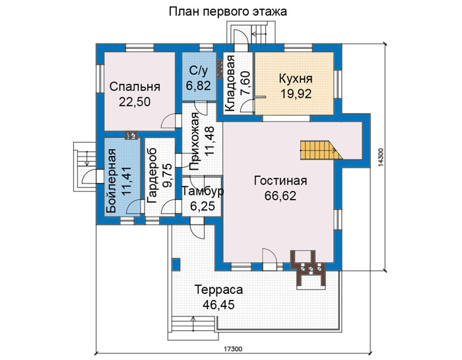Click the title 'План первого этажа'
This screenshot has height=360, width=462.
pos(228,12)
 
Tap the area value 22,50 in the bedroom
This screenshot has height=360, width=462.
pos(135,102)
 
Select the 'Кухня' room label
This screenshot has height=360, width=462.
pos(296,79)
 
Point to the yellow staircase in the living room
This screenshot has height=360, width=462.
pos(321,150)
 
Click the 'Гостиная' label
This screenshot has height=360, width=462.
pos(280,181)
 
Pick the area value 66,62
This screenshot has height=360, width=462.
pos(280,196)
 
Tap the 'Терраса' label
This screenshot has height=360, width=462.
pos(218,289)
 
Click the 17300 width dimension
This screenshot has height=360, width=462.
pos(233,349)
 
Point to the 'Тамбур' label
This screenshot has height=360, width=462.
pos(203,191)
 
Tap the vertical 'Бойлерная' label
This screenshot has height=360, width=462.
pos(112,181)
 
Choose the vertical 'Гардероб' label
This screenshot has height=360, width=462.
pos(151,176)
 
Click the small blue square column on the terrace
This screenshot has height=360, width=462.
pos(176,264)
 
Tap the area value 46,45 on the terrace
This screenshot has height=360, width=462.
pos(218,305)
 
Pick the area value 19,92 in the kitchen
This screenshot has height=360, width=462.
pos(296,94)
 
